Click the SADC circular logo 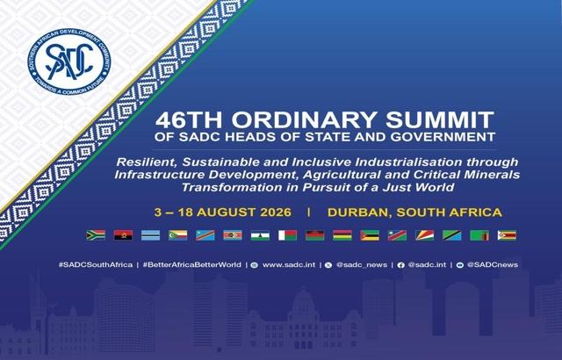tap(68, 62)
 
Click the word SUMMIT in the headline tap(440, 120)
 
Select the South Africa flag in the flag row tap(96, 235)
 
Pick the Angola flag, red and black tap(123, 235)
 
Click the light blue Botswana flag tap(150, 235)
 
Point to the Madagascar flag tap(287, 235)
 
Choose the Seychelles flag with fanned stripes tap(425, 235)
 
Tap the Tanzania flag tap(452, 235)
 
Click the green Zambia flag tap(479, 235)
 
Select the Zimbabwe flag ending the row tap(508, 235)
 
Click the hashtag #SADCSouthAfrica tap(96, 264)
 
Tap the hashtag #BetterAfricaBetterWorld tap(192, 264)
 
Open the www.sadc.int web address tap(289, 264)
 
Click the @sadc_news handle tap(362, 265)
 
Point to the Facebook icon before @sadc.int tap(401, 265)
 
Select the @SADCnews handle tap(493, 264)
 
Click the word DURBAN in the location tap(359, 212)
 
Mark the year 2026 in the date tap(276, 212)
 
